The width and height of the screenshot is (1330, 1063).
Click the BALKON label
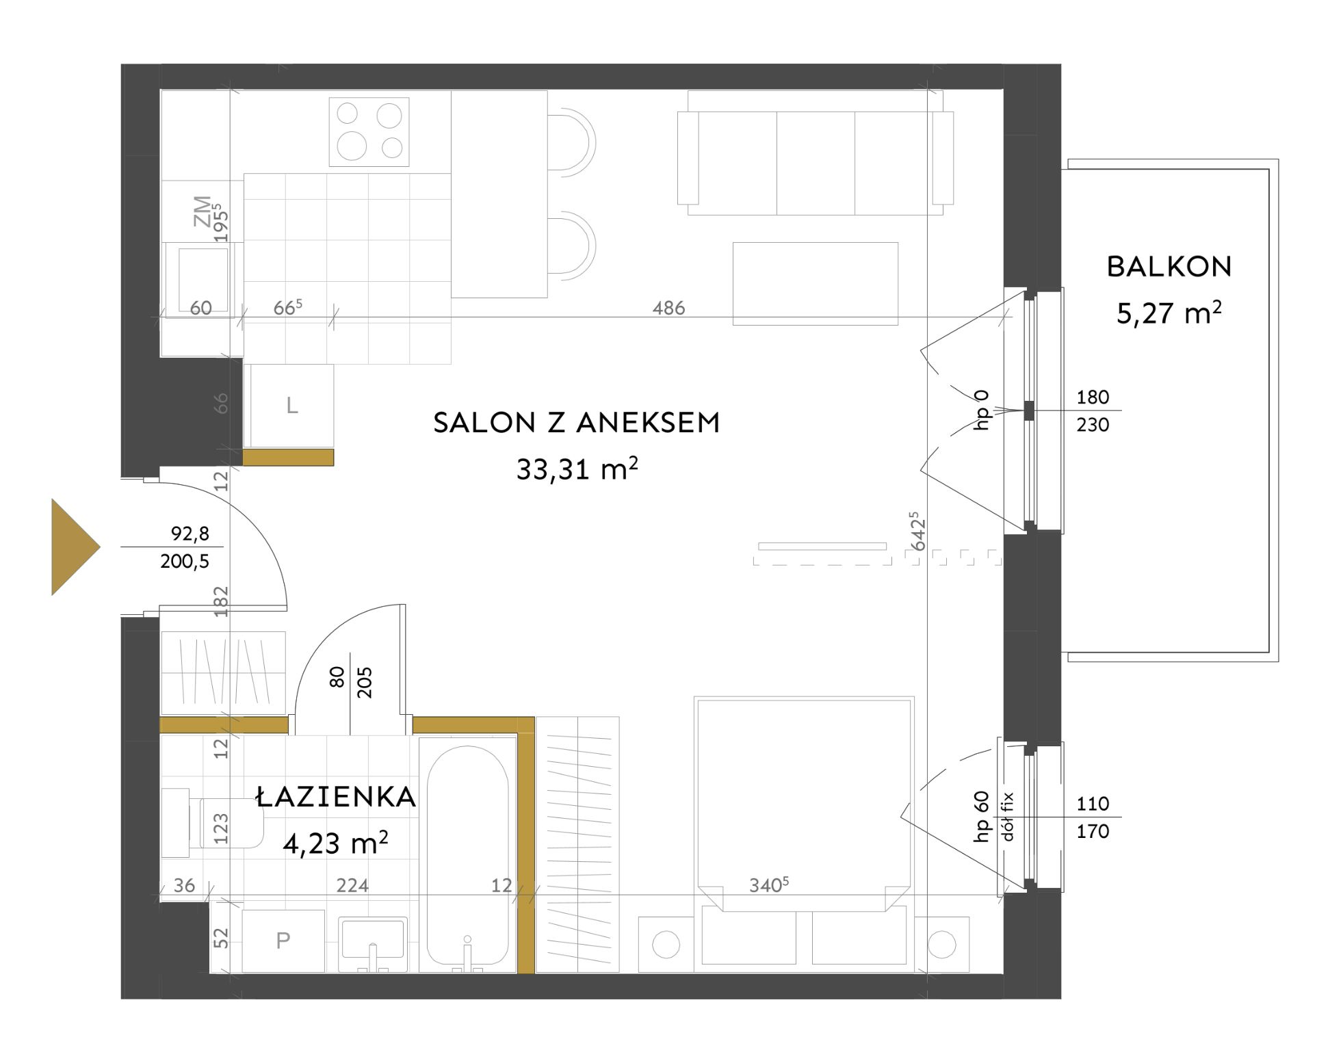pos(1169,267)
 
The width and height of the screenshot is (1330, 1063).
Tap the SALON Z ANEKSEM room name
pos(577,423)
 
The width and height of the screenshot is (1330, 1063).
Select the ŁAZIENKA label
pos(335,796)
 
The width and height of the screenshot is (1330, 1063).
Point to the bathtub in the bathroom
pos(468,855)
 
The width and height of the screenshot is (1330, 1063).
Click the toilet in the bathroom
pos(213,823)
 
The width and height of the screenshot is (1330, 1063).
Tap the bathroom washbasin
pos(373,944)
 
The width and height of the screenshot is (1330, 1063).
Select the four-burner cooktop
pos(369,132)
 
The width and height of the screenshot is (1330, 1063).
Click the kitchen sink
pos(203,280)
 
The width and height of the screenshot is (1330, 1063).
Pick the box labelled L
pos(292,406)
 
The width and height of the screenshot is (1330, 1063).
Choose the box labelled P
pos(283,941)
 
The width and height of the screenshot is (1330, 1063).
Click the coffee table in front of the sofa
pos(815,283)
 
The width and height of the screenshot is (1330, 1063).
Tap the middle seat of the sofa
pos(816,163)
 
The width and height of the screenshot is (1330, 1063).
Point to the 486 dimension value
pos(668,308)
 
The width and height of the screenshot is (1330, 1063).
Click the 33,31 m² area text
pos(577,469)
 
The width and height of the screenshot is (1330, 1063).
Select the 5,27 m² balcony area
pos(1169,313)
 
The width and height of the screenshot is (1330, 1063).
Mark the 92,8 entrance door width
pos(190,534)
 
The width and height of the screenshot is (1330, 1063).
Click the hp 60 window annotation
pos(981,816)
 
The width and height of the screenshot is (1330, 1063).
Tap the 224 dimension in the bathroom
pos(352,885)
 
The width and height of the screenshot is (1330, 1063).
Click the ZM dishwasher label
pos(203,211)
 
